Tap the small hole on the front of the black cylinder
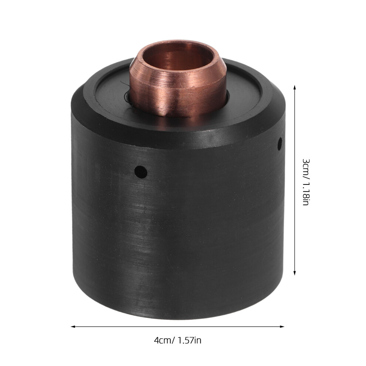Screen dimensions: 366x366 [141, 172]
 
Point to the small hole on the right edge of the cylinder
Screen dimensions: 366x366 [279, 143]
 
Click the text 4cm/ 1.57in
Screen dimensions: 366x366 [177, 340]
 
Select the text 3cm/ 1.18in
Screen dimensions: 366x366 [306, 182]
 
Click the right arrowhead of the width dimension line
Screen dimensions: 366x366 [282, 326]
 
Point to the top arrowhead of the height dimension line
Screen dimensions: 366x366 [295, 88]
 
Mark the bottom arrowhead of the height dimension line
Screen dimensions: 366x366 [295, 272]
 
